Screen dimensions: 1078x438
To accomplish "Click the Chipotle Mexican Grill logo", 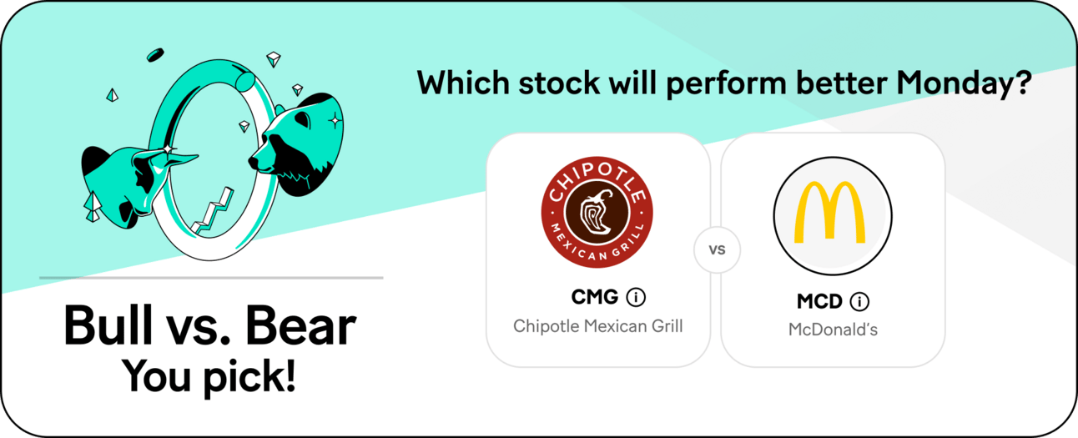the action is tap(597, 212).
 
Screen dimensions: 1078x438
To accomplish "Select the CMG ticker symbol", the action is tap(594, 297).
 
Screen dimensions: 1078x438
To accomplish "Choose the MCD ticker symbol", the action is tap(819, 302).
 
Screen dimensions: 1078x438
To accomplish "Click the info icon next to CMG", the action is tap(636, 297).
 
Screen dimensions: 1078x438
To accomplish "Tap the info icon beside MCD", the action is tap(859, 302).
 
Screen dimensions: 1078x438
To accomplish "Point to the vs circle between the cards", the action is tap(717, 249).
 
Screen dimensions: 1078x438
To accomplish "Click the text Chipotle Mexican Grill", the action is tap(597, 326).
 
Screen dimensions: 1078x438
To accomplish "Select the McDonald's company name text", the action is tap(833, 330).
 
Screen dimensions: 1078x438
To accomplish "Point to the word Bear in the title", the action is tap(300, 326).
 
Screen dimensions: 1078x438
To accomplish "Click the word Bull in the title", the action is tap(108, 325).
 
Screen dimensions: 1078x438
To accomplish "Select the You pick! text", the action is tap(209, 376).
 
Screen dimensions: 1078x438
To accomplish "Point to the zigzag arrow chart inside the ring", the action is tap(213, 212).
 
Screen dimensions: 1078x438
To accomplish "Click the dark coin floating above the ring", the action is tap(155, 55).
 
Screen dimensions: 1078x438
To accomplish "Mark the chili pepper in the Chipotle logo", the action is tap(597, 212).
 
